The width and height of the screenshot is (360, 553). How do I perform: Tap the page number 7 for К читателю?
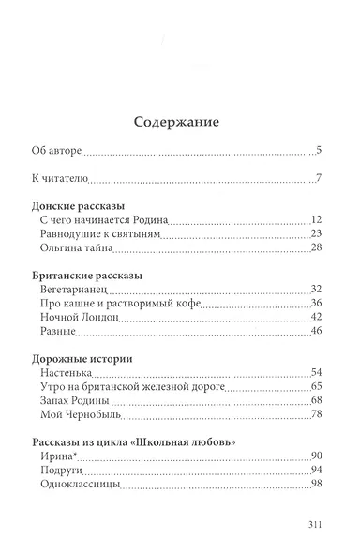click(319, 179)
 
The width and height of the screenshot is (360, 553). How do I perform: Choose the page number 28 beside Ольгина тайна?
click(316, 247)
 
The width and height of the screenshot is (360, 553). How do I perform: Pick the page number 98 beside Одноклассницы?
click(316, 485)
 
